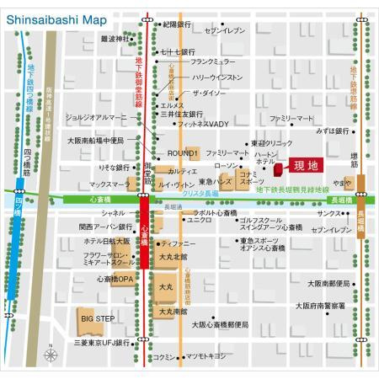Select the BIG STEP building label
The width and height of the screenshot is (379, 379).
click(98, 318)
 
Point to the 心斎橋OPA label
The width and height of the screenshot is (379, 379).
click(115, 279)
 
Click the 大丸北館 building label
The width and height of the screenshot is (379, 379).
click(173, 258)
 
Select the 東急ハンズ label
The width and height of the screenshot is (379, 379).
click(215, 182)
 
